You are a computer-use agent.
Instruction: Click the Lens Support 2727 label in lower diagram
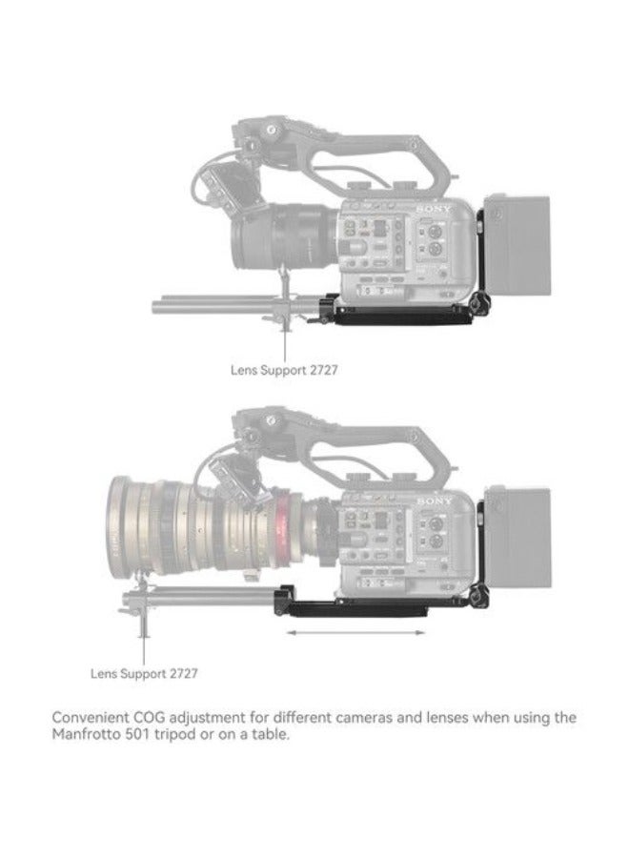144,673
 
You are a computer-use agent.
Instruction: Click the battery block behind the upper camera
517,242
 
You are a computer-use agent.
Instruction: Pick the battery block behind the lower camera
517,538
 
